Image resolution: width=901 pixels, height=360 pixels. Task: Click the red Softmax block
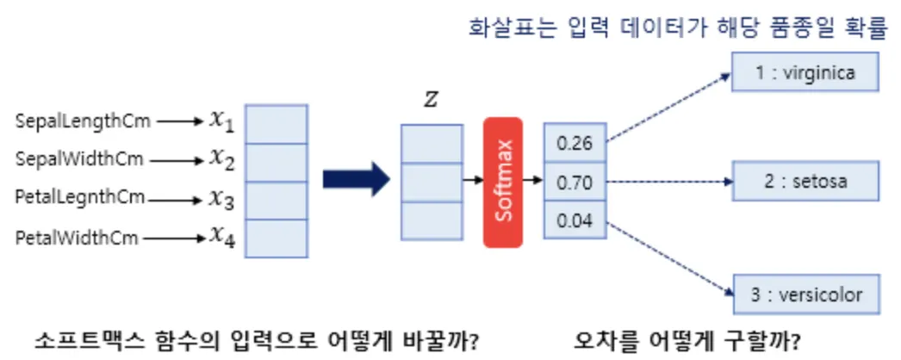tap(503, 181)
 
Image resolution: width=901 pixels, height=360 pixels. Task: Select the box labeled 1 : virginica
tap(805, 73)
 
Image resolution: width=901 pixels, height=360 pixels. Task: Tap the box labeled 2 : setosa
tap(805, 182)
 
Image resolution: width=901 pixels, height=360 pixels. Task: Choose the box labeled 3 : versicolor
tap(805, 295)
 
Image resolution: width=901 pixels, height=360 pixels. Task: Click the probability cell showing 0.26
tap(575, 143)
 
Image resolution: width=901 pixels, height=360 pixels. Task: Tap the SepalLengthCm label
tap(83, 121)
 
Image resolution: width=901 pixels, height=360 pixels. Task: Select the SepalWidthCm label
tap(80, 159)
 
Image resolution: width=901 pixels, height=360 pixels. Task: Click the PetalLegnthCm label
tap(80, 198)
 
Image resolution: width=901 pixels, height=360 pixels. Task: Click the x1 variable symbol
tap(221, 121)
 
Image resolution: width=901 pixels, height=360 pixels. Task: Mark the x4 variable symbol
tap(221, 236)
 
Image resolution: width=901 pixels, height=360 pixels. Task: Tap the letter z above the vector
tap(430, 100)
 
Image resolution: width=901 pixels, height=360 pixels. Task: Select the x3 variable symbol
tap(221, 198)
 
